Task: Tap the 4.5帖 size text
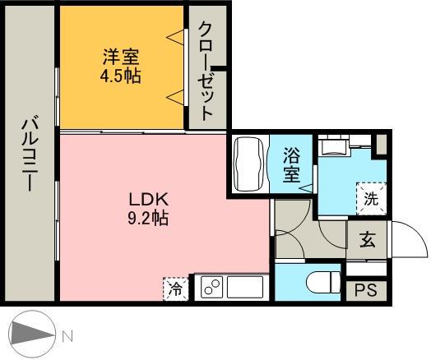121,75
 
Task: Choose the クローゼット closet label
206,70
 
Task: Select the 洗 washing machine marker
371,198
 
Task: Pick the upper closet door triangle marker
174,38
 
